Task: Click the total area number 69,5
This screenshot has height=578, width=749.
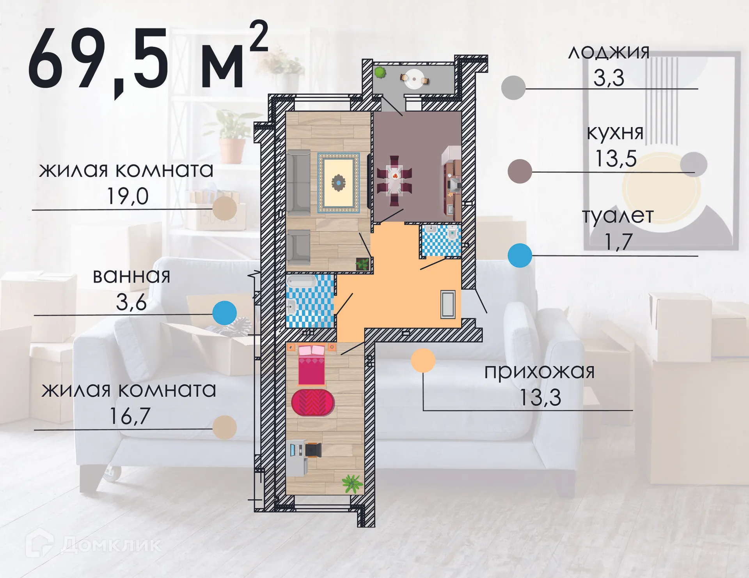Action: point(98,58)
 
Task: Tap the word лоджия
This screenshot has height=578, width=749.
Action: point(609,52)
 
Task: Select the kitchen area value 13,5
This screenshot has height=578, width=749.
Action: point(616,159)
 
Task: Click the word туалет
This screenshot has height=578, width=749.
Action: point(618,216)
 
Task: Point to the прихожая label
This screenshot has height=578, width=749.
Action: point(540,371)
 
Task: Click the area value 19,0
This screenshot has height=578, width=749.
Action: point(128,196)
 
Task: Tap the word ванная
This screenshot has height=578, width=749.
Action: point(131,276)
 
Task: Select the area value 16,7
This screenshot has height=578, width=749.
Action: point(130,416)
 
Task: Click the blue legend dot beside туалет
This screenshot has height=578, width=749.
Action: point(520,255)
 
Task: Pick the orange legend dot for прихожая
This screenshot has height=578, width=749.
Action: point(423,360)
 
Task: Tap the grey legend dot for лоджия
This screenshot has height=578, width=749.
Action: point(513,88)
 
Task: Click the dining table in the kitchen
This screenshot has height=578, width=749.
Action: point(394,180)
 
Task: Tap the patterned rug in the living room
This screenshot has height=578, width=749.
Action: point(338,183)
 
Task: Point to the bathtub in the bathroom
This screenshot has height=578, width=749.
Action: point(302,281)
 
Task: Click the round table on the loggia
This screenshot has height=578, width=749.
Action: point(413,79)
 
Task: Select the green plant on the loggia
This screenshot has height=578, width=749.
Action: point(380,72)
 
